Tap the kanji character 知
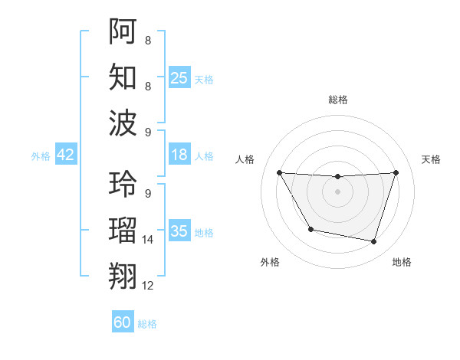[x=123, y=77]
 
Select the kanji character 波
[x=123, y=123]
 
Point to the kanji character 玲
[x=123, y=184]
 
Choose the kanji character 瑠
[x=123, y=229]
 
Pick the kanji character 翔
[x=123, y=275]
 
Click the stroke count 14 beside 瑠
[x=148, y=240]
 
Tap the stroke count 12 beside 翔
[x=148, y=286]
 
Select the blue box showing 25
[x=179, y=78]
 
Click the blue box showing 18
[x=179, y=155]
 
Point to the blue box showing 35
[x=179, y=231]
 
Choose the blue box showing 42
[x=66, y=155]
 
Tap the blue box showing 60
[x=123, y=322]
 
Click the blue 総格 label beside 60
[x=147, y=324]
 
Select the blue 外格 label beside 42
[x=41, y=156]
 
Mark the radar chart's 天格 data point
[x=396, y=172]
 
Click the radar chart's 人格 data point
[x=279, y=172]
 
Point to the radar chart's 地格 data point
[x=373, y=242]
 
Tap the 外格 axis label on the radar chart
[x=270, y=263]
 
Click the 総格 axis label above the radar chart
[x=337, y=100]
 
